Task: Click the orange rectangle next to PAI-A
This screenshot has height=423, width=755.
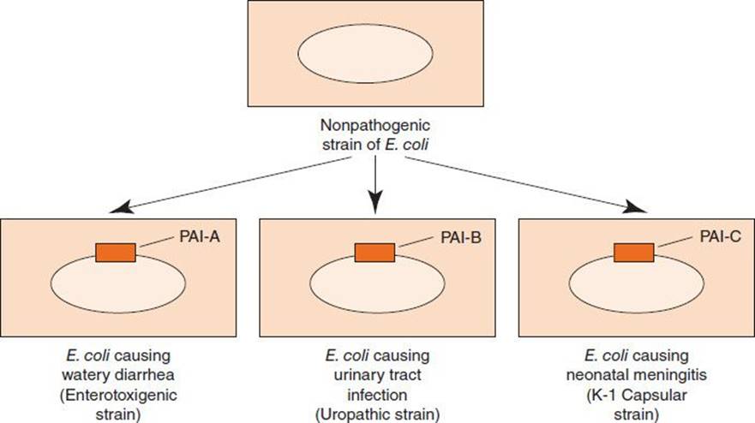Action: (x=116, y=252)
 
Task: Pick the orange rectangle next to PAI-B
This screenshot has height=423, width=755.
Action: (x=375, y=253)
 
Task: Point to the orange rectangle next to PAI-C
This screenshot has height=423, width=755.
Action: (x=635, y=253)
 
